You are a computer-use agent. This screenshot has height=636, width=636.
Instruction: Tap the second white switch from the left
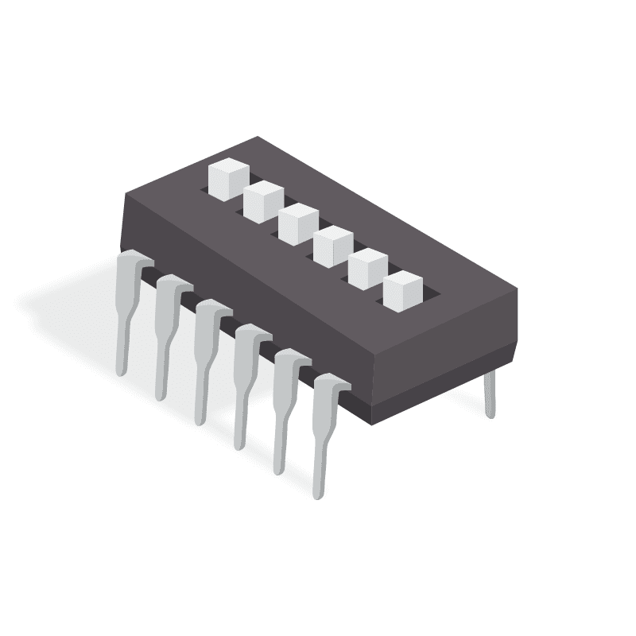pos(263,202)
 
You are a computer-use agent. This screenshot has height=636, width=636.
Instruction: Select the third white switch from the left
pos(298,224)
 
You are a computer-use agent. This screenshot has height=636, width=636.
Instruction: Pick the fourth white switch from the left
pos(332,246)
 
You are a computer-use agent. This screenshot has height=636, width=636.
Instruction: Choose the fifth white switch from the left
pos(367,269)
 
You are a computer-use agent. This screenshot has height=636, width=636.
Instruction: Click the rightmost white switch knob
pos(402,291)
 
